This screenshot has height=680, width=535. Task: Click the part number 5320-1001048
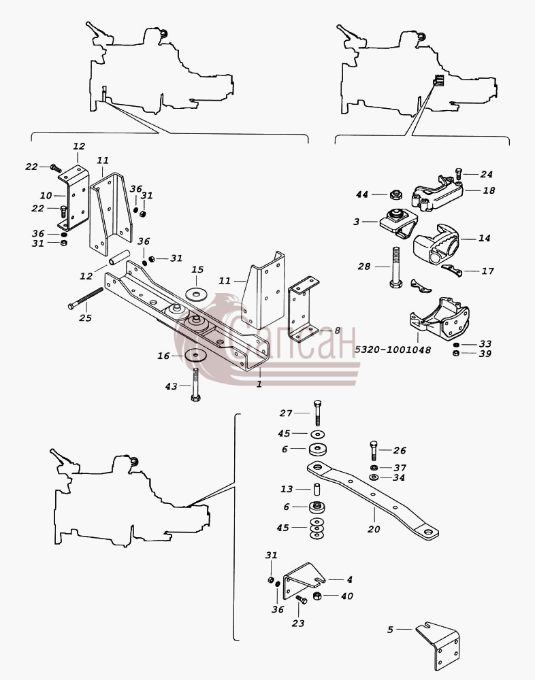pyautogui.click(x=393, y=350)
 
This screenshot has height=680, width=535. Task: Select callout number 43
pyautogui.click(x=171, y=386)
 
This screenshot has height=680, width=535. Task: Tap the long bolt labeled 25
pyautogui.click(x=86, y=298)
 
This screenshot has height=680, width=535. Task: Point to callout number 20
pyautogui.click(x=374, y=528)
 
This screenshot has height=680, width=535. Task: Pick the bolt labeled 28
pyautogui.click(x=395, y=267)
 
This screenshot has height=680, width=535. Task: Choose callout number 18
pyautogui.click(x=489, y=190)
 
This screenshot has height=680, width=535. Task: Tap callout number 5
pyautogui.click(x=390, y=629)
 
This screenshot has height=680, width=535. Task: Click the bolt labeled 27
pyautogui.click(x=317, y=413)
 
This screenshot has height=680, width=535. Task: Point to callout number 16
pyautogui.click(x=163, y=356)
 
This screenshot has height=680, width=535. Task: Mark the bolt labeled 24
pyautogui.click(x=458, y=174)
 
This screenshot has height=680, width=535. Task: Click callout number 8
pyautogui.click(x=337, y=330)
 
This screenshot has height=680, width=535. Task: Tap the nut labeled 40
pyautogui.click(x=317, y=596)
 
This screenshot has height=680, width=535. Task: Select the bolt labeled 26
pyautogui.click(x=374, y=451)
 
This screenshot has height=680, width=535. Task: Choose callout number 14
pyautogui.click(x=484, y=238)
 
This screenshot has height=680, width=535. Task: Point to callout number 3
pyautogui.click(x=357, y=222)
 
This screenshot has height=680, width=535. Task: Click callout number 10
pyautogui.click(x=46, y=196)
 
